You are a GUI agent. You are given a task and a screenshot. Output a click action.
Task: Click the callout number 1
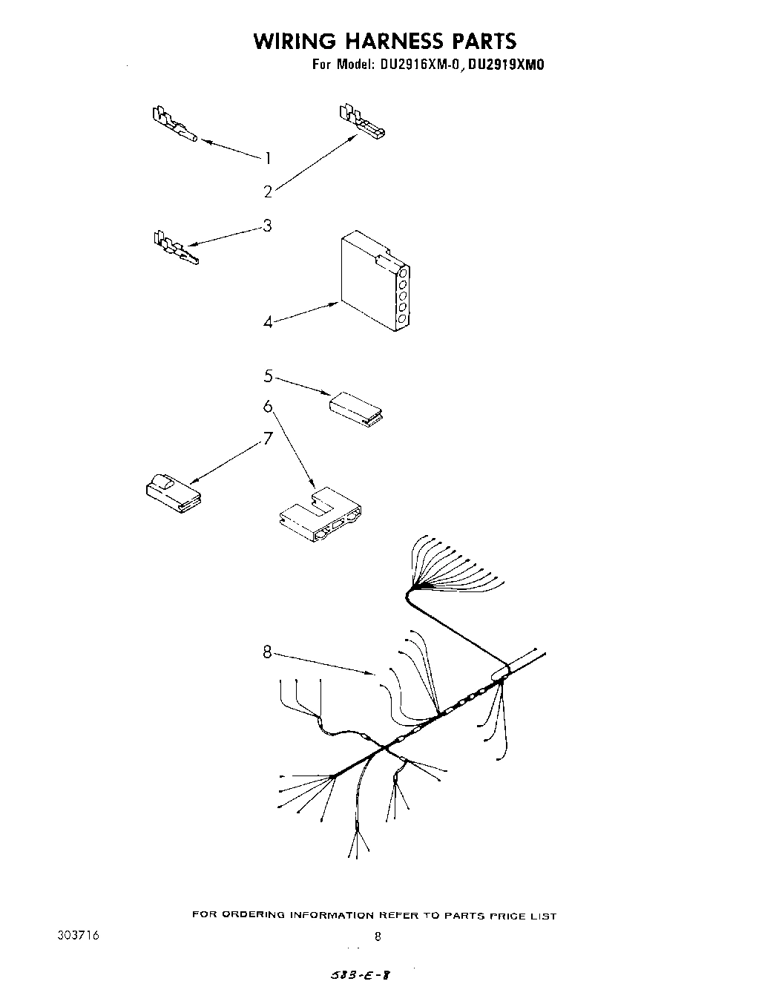[268, 157]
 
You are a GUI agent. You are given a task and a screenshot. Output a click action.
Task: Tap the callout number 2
[268, 191]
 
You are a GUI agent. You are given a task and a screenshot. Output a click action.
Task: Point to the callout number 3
[267, 225]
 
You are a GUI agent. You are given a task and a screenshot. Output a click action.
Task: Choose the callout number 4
[267, 323]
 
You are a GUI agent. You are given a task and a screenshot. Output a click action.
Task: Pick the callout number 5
[268, 376]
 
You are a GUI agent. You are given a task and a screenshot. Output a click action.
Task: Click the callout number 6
[268, 407]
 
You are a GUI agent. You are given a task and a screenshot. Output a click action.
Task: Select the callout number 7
[268, 438]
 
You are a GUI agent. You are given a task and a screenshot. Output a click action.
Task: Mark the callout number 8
[267, 652]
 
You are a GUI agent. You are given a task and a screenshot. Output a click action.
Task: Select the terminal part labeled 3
[175, 248]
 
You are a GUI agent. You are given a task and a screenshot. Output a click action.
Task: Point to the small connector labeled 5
[355, 407]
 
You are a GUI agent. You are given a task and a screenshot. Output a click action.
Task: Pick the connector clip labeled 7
[171, 490]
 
